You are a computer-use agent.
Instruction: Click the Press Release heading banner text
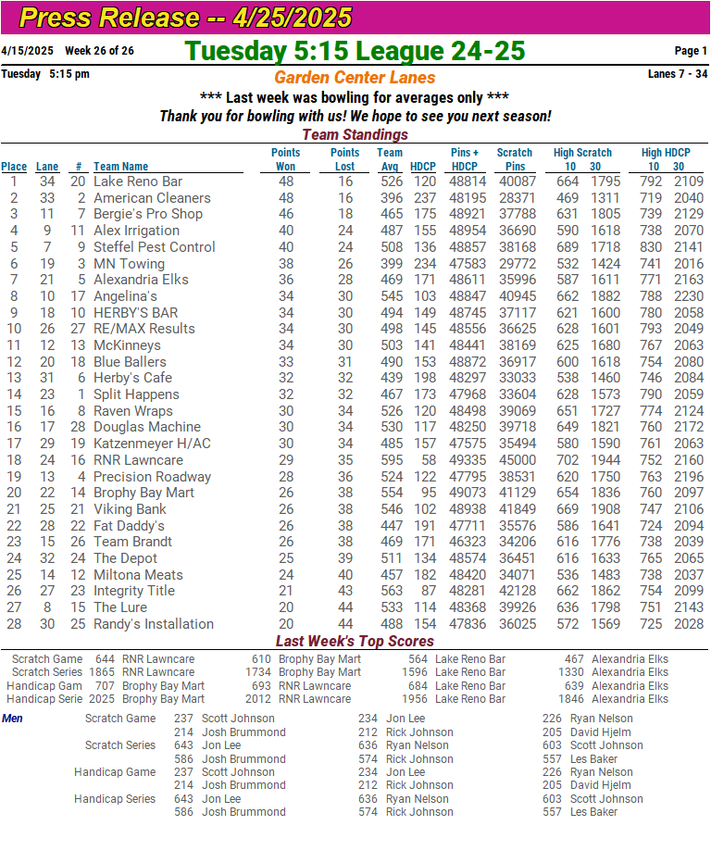pos(185,18)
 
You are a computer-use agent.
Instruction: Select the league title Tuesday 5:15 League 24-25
pos(355,51)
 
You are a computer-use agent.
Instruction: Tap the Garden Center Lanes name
pos(355,78)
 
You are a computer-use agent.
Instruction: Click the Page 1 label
pos(691,51)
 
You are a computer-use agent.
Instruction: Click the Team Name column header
pos(120,167)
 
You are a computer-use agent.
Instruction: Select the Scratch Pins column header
pos(515,159)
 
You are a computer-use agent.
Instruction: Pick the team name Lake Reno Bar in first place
pos(138,181)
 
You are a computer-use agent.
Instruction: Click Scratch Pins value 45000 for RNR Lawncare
pos(517,460)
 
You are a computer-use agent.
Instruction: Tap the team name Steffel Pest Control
pos(154,247)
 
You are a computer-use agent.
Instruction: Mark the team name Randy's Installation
pos(153,624)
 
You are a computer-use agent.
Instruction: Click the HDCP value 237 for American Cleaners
pos(424,198)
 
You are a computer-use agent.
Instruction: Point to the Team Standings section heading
pos(355,135)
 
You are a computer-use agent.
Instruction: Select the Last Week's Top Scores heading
pos(355,642)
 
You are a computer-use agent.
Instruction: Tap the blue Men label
pos(13,719)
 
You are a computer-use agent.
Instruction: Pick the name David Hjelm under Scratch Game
pos(599,732)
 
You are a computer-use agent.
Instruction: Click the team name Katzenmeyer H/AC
pos(152,444)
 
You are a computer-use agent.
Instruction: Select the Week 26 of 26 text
pos(99,51)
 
